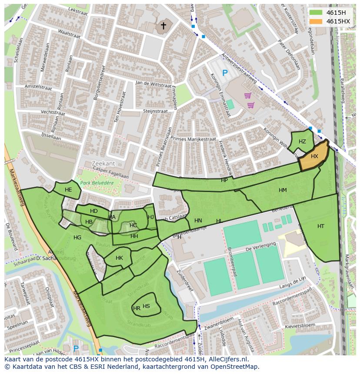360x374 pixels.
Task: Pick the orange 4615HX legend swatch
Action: click(316, 21)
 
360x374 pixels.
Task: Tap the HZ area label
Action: click(302, 142)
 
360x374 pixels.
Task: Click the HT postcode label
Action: click(321, 226)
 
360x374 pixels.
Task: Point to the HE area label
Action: click(68, 190)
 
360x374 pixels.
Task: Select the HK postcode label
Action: click(119, 258)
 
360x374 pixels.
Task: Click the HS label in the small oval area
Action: click(147, 306)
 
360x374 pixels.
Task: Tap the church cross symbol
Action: click(163, 26)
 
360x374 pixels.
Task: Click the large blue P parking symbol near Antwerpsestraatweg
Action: click(225, 73)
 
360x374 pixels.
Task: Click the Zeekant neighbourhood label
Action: click(103, 163)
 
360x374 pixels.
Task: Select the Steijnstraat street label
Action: click(156, 111)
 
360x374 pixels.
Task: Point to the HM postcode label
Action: click(283, 190)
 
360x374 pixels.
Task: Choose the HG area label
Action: click(77, 238)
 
